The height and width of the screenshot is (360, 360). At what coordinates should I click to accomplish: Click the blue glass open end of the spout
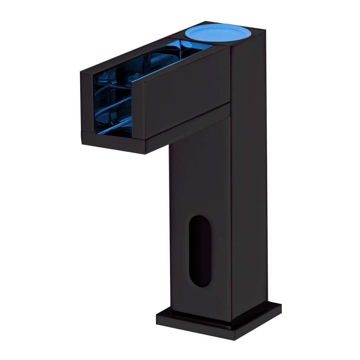pyautogui.click(x=112, y=104)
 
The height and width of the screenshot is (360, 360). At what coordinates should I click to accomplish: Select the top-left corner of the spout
pyautogui.click(x=81, y=72)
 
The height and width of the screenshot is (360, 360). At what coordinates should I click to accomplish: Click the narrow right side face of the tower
pyautogui.click(x=248, y=180)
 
